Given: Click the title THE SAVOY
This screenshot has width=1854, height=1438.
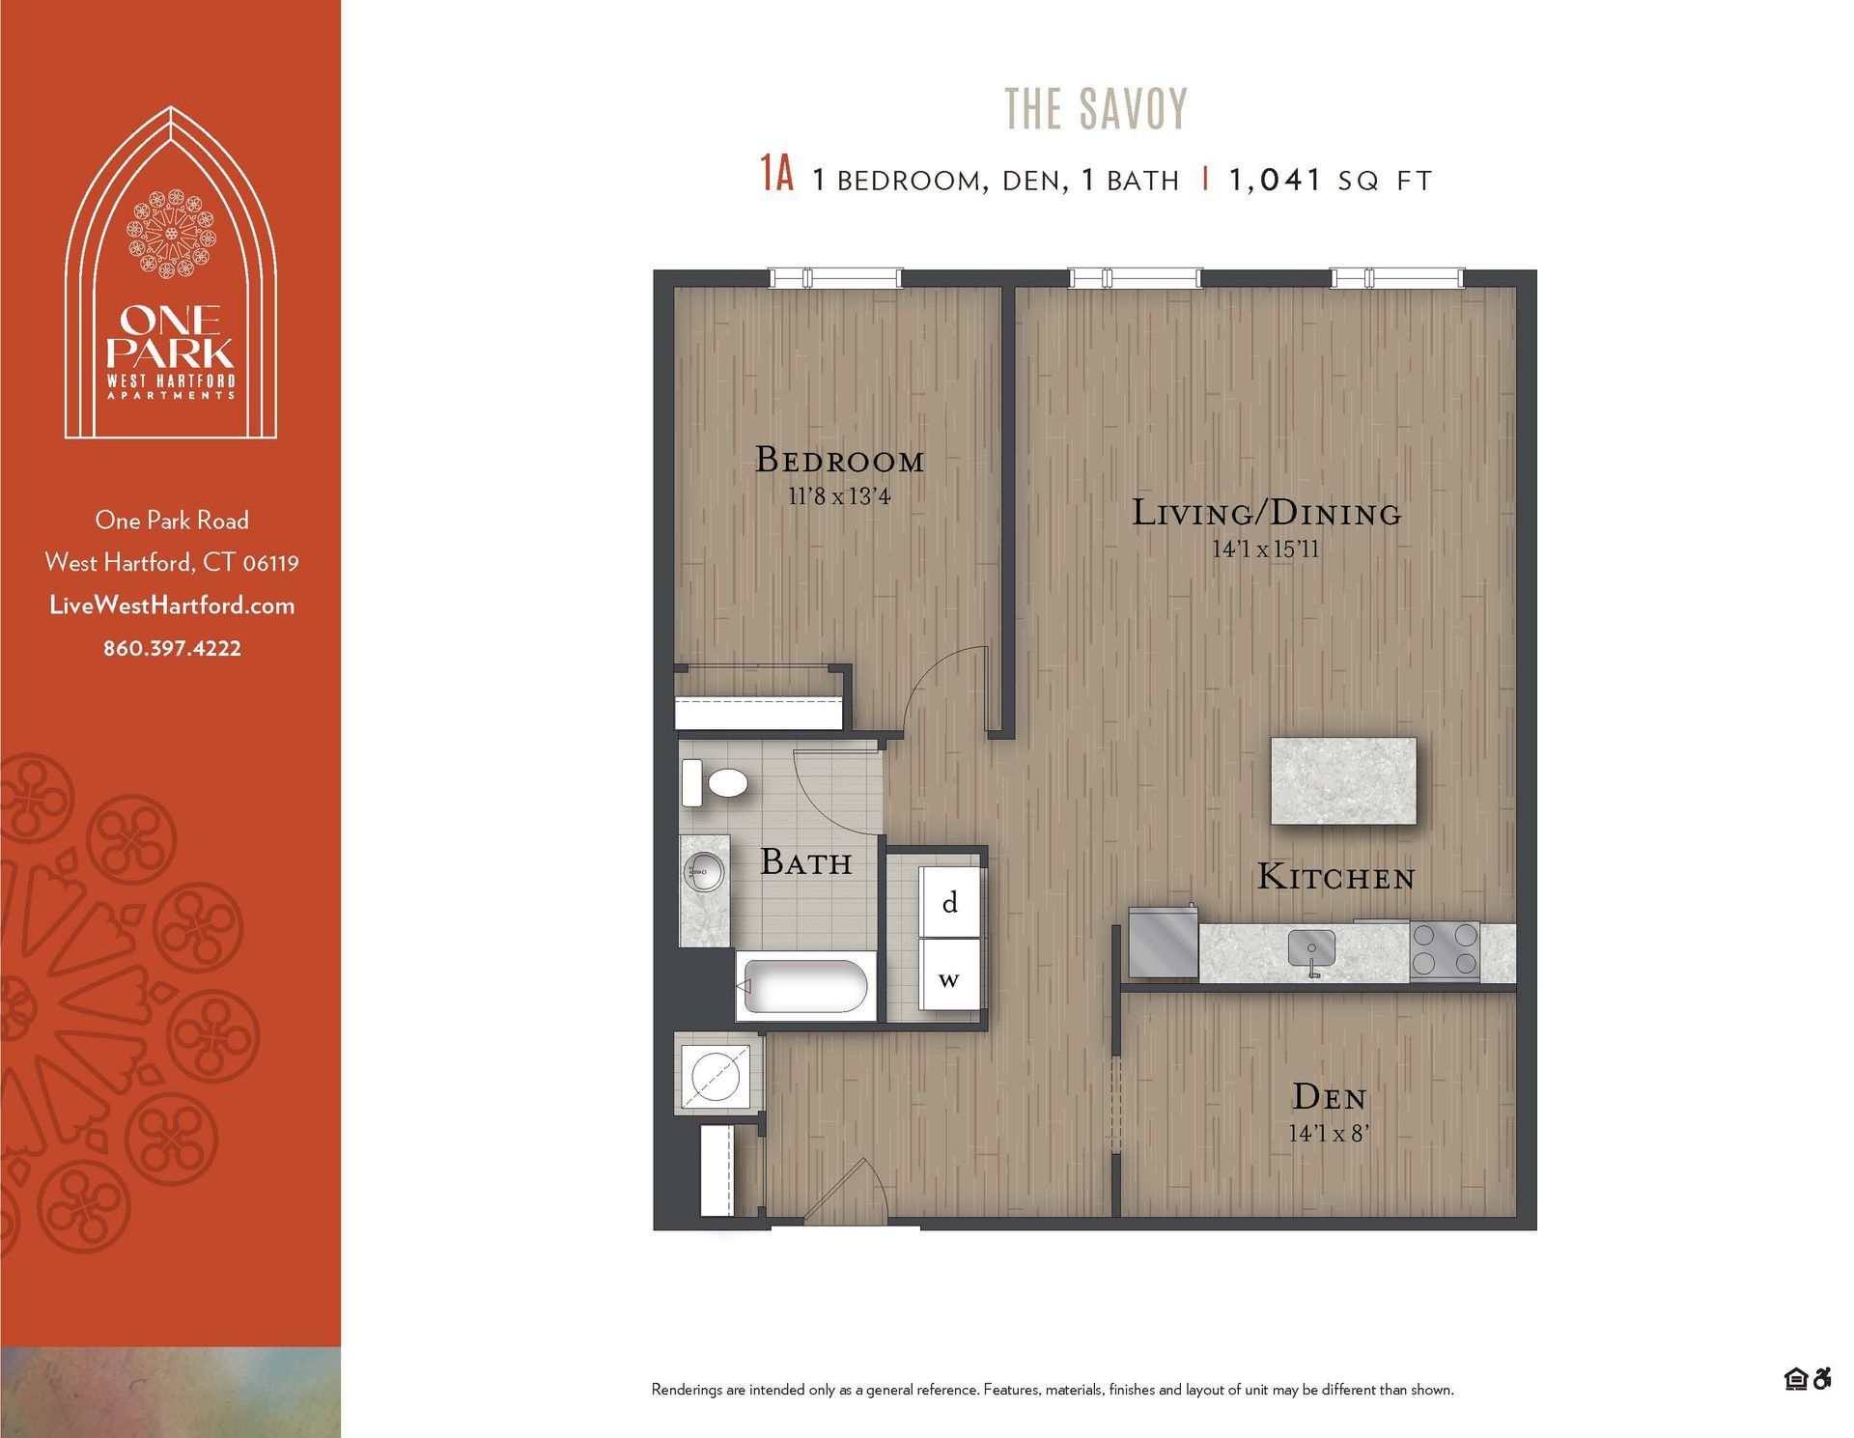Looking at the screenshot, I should click(1096, 109).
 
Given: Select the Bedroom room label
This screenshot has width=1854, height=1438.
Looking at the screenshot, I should click(839, 460).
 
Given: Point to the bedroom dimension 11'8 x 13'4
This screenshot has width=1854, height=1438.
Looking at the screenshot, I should click(839, 497).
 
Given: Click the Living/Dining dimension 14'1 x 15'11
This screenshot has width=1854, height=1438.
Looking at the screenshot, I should click(1265, 550).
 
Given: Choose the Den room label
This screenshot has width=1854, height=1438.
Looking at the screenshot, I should click(1329, 1097).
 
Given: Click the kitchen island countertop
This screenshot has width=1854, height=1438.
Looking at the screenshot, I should click(1343, 780).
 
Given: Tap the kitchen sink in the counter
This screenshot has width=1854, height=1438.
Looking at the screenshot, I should click(1311, 947).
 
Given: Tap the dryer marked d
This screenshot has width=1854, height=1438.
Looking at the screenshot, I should click(950, 902).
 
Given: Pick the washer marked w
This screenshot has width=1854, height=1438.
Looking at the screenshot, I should click(949, 978).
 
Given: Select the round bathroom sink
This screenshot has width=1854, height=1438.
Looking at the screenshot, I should click(704, 874).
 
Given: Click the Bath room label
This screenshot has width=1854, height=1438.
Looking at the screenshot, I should click(805, 861).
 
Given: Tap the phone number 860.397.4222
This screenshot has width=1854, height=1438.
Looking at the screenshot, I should click(172, 648).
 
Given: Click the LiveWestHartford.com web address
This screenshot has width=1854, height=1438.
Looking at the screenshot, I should click(172, 606).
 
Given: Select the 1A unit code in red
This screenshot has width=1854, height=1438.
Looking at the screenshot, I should click(776, 175).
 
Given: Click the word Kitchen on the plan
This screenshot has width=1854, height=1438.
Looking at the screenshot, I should click(1335, 877).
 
